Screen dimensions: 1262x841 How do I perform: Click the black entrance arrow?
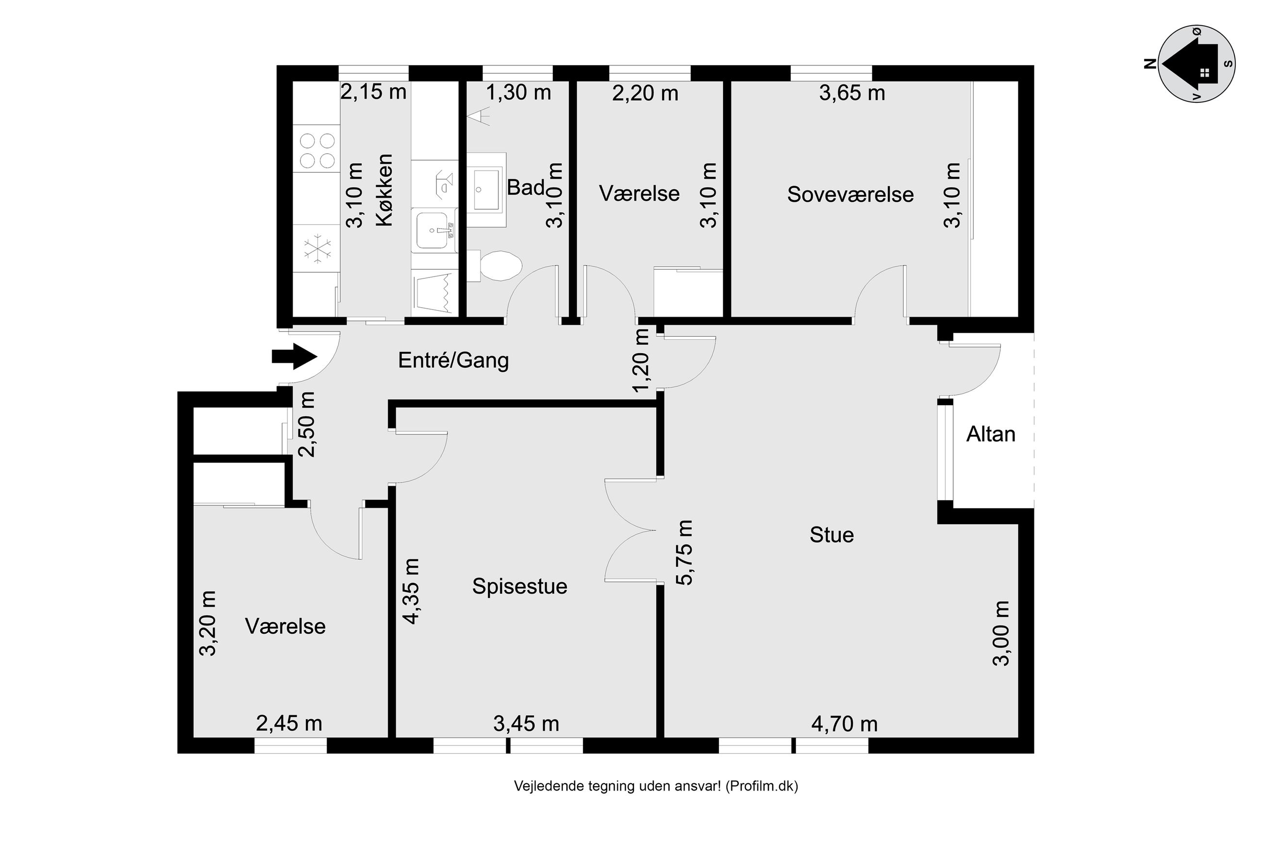pos(294,357)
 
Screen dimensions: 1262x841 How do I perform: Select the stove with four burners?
pos(317,149)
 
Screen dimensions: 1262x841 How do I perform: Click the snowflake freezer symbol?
pos(317,248)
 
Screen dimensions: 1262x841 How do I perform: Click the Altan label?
pos(991,434)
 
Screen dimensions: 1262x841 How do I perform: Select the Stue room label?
pos(831,535)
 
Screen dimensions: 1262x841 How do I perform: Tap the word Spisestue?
pos(519,586)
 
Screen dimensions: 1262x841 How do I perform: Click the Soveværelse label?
pos(850,194)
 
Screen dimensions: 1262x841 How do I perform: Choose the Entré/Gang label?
pos(453,361)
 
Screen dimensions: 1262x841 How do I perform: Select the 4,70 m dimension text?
pos(844,725)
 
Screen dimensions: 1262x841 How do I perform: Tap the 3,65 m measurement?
pos(852,93)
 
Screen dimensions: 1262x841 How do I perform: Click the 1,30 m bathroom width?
pos(518,93)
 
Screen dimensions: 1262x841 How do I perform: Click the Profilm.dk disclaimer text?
pos(655,786)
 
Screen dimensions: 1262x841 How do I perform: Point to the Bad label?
pos(526,188)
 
